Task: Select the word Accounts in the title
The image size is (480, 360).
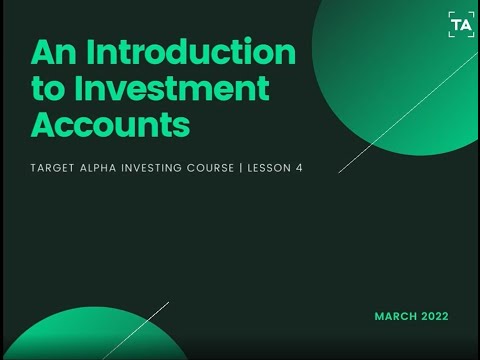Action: (110, 125)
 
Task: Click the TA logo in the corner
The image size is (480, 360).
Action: (461, 25)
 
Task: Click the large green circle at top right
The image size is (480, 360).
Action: (400, 70)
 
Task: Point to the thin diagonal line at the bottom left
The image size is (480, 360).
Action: (135, 330)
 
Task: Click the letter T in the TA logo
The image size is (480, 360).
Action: (456, 25)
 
